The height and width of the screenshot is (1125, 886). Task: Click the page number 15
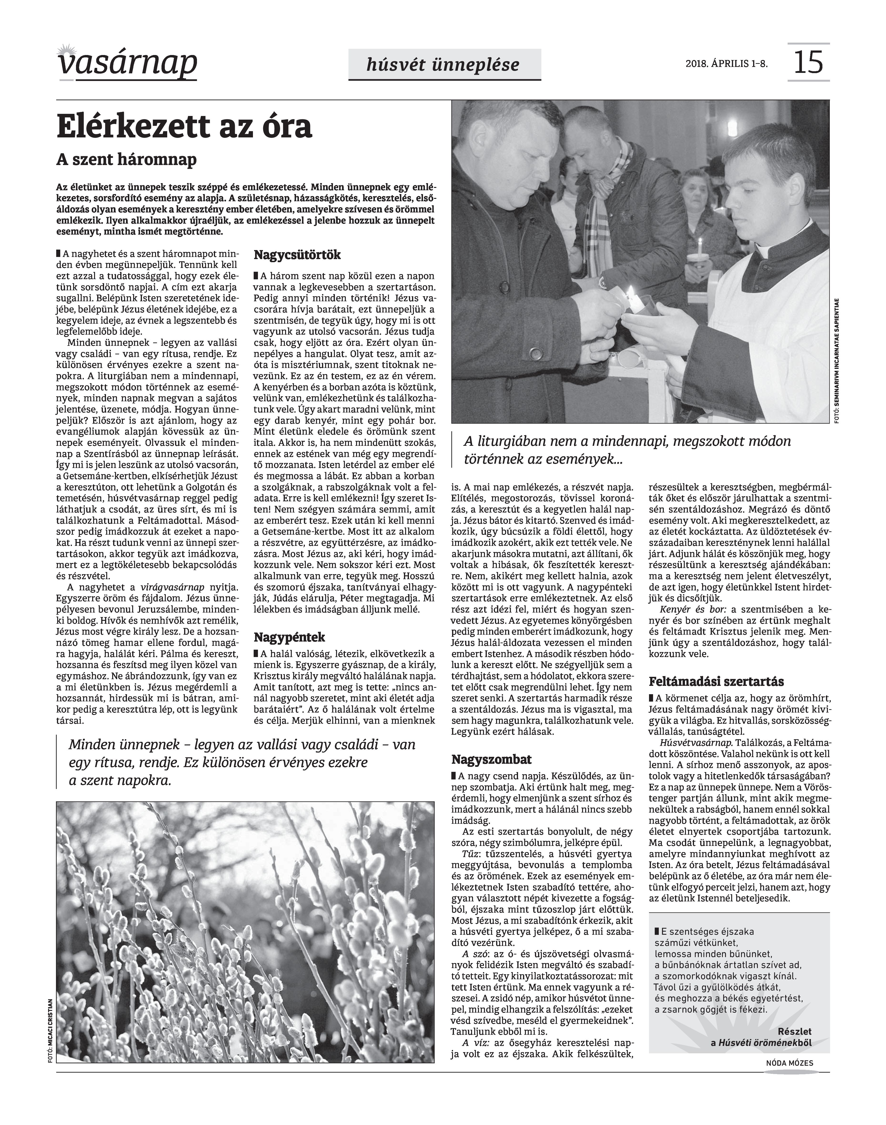808,62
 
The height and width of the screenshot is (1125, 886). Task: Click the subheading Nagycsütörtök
297,255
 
